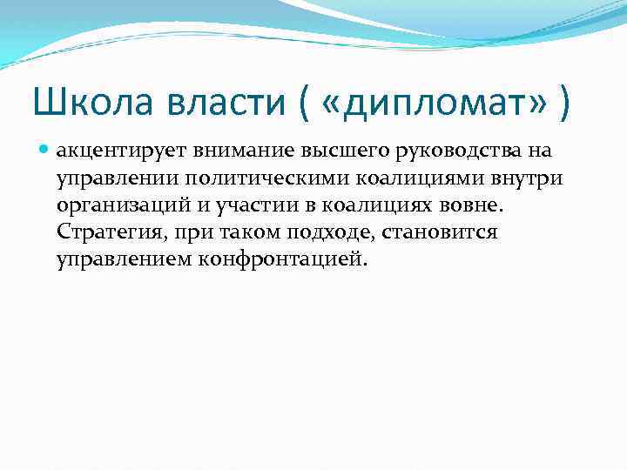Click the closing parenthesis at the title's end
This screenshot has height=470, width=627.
[x=567, y=106]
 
